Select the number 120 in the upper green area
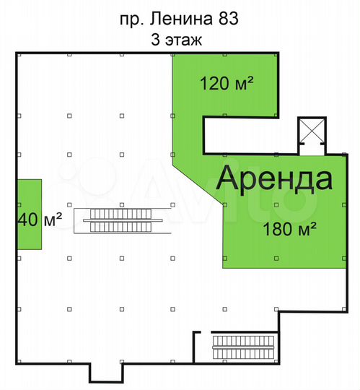click(214, 84)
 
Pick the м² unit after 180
click(306, 230)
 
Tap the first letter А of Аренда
click(228, 179)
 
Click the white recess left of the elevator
click(249, 135)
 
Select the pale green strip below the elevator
click(312, 149)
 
